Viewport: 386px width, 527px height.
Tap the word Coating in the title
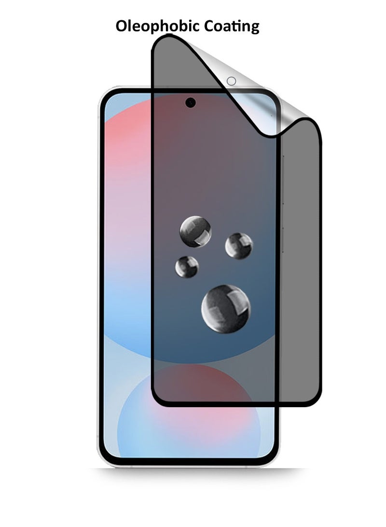(x=232, y=27)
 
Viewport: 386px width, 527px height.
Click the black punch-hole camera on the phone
(x=190, y=102)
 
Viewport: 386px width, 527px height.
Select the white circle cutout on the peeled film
(x=231, y=81)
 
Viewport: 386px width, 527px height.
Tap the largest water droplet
(x=226, y=309)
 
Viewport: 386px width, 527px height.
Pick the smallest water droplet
(x=187, y=267)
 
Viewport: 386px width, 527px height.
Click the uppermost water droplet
(x=195, y=231)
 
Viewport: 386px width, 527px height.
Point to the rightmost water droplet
(x=239, y=246)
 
